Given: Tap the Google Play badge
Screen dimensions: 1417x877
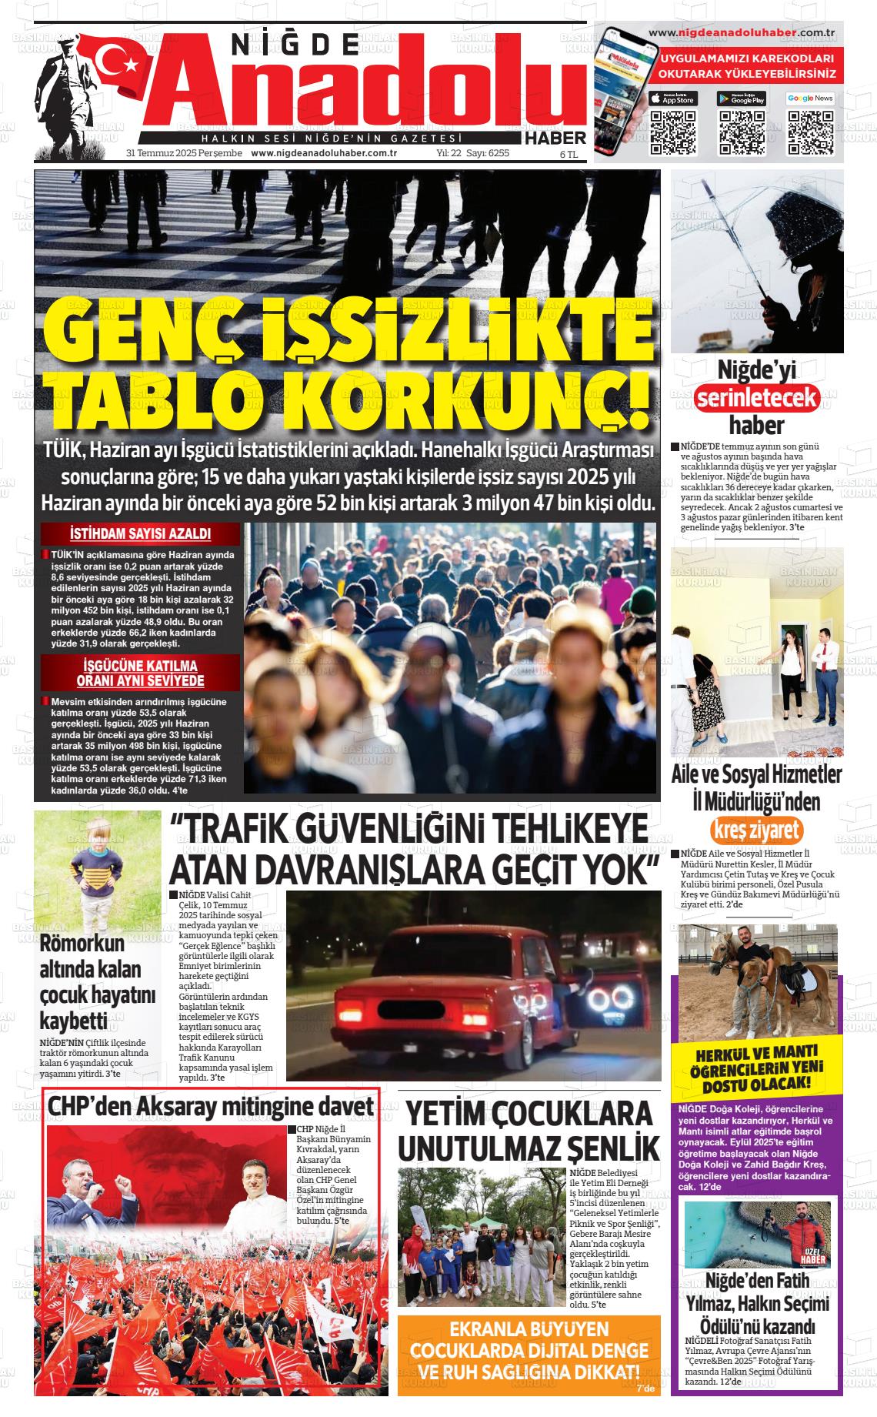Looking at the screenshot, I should (x=742, y=99).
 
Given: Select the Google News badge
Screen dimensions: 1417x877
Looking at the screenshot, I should (x=810, y=99).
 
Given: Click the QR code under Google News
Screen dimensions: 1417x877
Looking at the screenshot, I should (x=810, y=132).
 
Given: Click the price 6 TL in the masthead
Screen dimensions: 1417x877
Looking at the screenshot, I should (x=569, y=154).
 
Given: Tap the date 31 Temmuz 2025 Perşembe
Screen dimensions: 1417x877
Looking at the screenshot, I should (x=184, y=153).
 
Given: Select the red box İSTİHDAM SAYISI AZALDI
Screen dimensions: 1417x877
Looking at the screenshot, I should (x=140, y=534).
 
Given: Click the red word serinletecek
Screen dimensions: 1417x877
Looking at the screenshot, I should (x=757, y=397).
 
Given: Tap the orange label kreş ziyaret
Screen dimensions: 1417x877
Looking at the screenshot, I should (x=757, y=830).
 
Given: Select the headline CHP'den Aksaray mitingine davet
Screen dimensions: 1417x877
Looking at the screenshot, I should (x=211, y=1107).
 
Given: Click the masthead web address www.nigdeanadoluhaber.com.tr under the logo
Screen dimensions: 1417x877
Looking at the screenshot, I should (x=324, y=153).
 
